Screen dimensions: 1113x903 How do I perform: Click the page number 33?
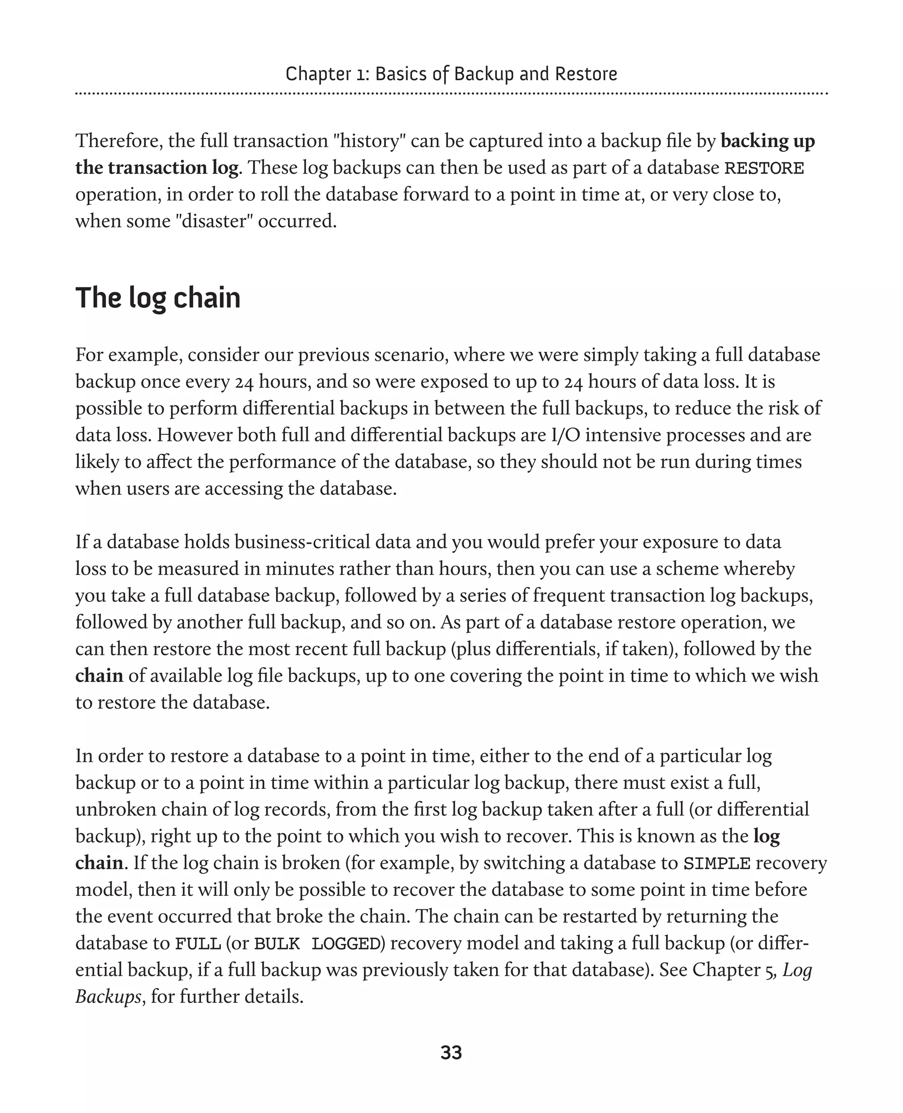click(451, 1053)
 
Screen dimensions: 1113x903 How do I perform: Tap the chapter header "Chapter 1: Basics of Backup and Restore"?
click(451, 74)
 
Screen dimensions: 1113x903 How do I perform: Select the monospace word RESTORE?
click(764, 168)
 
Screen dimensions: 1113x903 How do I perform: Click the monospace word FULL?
click(198, 943)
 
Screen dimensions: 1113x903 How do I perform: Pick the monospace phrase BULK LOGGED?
click(317, 943)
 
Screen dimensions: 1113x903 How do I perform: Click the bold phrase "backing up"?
click(767, 141)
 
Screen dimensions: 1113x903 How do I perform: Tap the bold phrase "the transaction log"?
click(157, 168)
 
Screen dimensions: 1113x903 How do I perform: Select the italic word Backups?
click(108, 997)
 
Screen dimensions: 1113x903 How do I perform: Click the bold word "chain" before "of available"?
click(99, 676)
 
